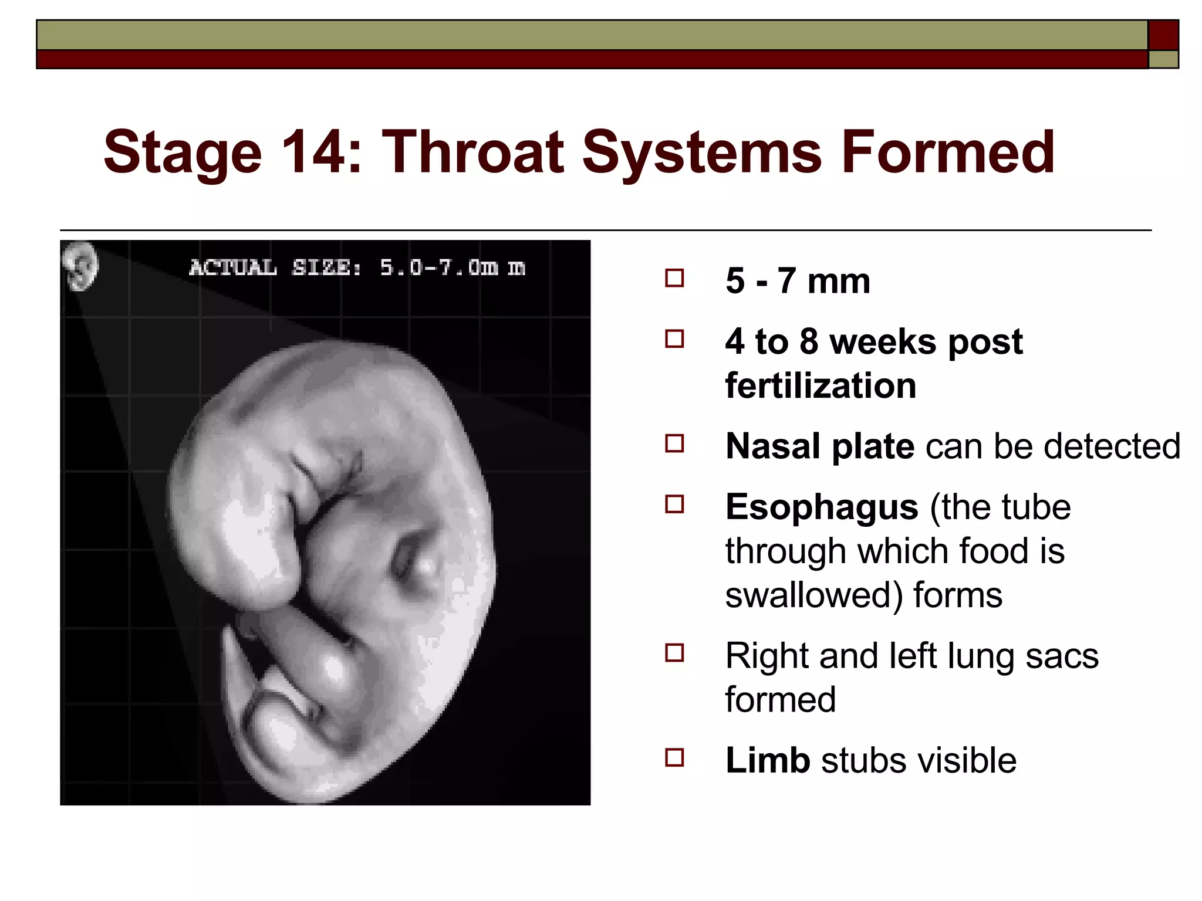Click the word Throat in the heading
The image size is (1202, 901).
pos(472,153)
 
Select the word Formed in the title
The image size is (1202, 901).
pos(947,153)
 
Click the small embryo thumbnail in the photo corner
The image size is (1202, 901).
pos(80,266)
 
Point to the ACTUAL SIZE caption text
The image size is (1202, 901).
pos(356,267)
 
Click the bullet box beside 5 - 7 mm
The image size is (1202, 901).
pos(674,278)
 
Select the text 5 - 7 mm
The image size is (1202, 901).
pos(797,281)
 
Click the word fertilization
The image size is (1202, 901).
pos(820,386)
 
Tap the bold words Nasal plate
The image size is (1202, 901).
pos(819,446)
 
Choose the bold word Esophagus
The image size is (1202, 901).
pos(821,507)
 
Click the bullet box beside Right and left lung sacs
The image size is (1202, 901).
pos(674,653)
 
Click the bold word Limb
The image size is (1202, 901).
pos(767,760)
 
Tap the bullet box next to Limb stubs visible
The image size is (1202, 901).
pos(674,757)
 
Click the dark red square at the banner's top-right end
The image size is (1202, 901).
pos(1163,35)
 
